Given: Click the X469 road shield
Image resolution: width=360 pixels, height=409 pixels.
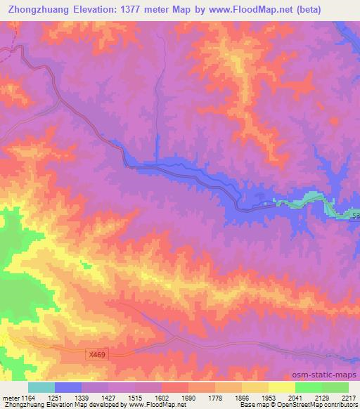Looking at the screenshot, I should click(x=97, y=356).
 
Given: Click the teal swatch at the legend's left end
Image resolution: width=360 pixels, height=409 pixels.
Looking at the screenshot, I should click(x=41, y=387).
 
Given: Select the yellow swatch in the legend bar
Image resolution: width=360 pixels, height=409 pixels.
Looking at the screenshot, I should click(x=281, y=387).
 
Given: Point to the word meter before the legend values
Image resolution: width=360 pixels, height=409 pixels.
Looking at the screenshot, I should click(x=12, y=398).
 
